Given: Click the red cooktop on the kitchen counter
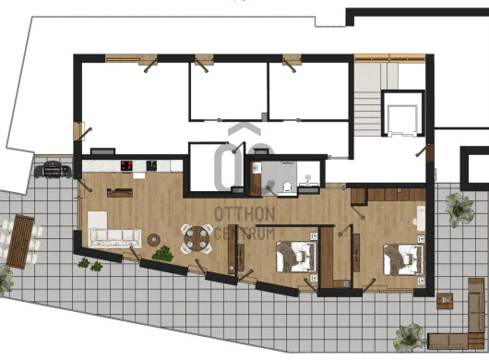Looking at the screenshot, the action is point(126,165).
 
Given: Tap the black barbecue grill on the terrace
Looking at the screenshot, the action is point(53,170).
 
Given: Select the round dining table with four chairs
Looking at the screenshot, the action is point(197,238).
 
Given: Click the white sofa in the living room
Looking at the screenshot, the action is point(115,239).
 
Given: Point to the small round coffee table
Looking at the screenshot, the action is point(154,240).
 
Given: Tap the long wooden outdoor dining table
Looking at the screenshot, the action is point(20,241).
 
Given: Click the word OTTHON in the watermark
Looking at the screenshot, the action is point(244,214).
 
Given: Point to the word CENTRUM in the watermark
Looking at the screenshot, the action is point(245,234).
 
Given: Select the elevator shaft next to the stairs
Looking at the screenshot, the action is point(403,114).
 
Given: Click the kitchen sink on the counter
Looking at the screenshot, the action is point(151,165).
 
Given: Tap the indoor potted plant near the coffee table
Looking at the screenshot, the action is point(162,254).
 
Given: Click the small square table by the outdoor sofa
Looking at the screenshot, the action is point(445,301).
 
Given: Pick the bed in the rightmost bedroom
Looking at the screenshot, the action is point(403,259).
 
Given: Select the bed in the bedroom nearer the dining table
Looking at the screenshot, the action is point(296,257).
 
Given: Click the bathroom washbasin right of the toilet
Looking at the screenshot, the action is point(307,181).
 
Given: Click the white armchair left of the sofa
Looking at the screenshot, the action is point(97,221).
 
